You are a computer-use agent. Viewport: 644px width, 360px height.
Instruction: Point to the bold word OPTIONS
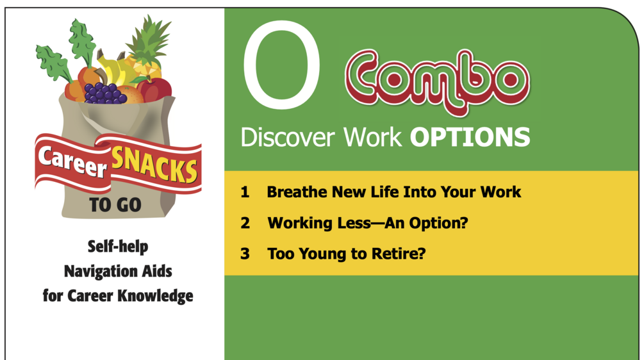470,137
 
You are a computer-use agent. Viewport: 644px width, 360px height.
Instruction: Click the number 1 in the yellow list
245,192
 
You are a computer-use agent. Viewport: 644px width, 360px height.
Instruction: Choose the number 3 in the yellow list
245,254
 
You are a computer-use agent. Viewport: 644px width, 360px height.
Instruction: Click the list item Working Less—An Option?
367,223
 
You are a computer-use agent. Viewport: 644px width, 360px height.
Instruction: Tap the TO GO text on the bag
115,206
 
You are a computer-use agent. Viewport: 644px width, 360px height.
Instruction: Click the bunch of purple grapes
104,94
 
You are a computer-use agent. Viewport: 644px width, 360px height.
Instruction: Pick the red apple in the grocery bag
156,90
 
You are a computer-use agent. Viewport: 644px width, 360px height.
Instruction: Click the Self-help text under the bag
118,247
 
